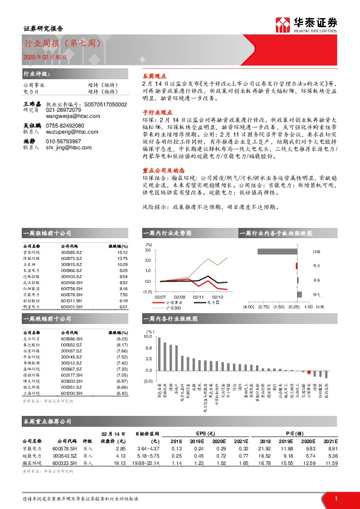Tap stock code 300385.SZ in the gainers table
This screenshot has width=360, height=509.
pos(72,253)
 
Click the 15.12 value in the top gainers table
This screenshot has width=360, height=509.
pos(122,253)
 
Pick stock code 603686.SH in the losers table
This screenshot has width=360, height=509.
pos(72,340)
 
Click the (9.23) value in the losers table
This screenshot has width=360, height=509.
pos(122,340)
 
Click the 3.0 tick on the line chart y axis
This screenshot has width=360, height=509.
pos(148,249)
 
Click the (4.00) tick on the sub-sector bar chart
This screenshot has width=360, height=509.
pos(247,306)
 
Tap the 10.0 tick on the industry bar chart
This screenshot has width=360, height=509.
pos(148,336)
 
